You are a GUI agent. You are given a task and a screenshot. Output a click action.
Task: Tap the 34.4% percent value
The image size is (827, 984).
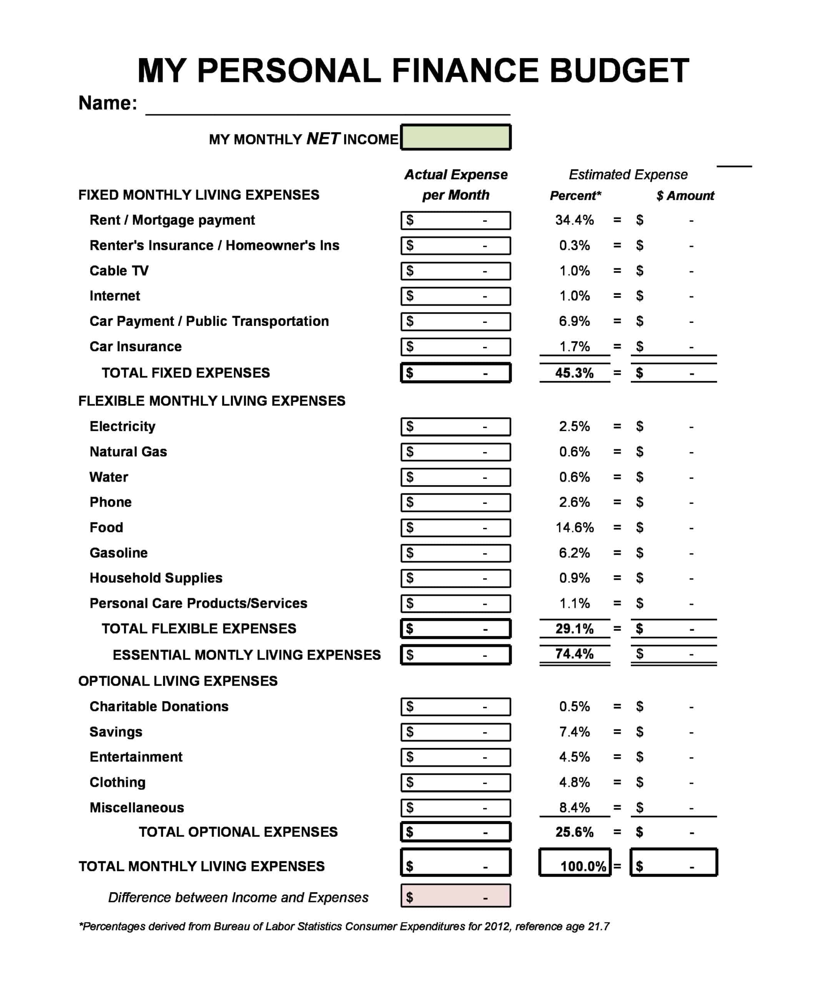[574, 220]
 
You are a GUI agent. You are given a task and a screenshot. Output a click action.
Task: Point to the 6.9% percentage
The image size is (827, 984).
[574, 321]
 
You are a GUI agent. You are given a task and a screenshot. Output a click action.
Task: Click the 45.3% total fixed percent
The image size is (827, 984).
[574, 373]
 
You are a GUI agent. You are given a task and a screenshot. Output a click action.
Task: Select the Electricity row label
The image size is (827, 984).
[122, 426]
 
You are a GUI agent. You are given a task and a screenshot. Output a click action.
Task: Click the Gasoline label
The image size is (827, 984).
[118, 553]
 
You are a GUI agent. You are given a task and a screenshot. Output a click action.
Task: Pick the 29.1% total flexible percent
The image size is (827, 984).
[574, 628]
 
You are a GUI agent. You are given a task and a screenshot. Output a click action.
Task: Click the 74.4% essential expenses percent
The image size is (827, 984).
[574, 654]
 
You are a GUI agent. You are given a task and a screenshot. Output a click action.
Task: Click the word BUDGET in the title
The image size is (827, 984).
[619, 71]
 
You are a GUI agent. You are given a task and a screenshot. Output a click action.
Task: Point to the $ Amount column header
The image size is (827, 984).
[685, 195]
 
